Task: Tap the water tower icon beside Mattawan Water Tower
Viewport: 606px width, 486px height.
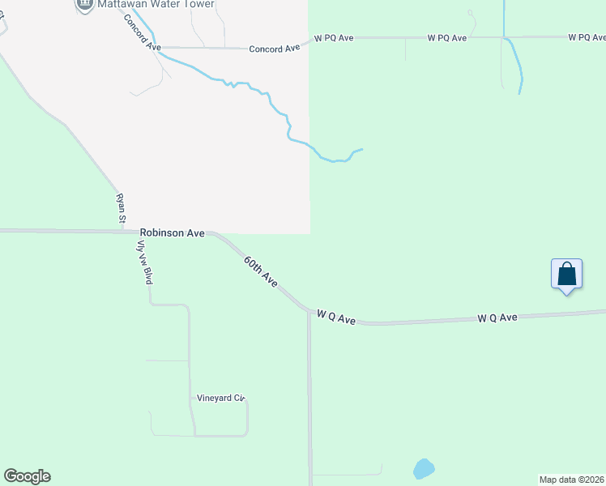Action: [x=84, y=4]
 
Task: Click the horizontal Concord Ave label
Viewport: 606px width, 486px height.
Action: [x=275, y=49]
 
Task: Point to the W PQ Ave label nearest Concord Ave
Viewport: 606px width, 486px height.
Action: [x=335, y=38]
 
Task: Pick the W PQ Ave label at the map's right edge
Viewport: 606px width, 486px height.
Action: [x=587, y=37]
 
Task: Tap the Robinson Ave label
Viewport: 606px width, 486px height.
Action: [x=172, y=232]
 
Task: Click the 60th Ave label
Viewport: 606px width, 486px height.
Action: [x=261, y=271]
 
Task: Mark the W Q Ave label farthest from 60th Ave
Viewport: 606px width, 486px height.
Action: [x=497, y=318]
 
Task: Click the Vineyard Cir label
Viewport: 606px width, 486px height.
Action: [x=220, y=399]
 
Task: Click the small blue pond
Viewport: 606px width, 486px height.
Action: [x=424, y=468]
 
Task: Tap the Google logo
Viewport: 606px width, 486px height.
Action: [x=27, y=476]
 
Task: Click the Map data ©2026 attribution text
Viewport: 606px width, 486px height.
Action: [x=572, y=480]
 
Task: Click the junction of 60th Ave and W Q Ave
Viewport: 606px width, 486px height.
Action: [x=308, y=310]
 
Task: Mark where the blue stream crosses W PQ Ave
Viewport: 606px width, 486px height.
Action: [x=504, y=37]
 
